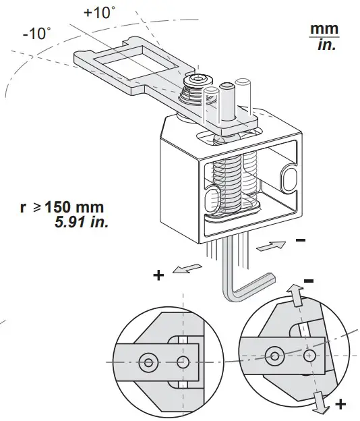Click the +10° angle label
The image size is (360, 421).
100,13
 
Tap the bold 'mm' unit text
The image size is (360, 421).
324,30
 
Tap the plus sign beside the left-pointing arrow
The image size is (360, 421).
159,275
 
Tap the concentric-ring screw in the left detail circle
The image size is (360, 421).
148,362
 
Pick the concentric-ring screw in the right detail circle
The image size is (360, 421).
274,354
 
